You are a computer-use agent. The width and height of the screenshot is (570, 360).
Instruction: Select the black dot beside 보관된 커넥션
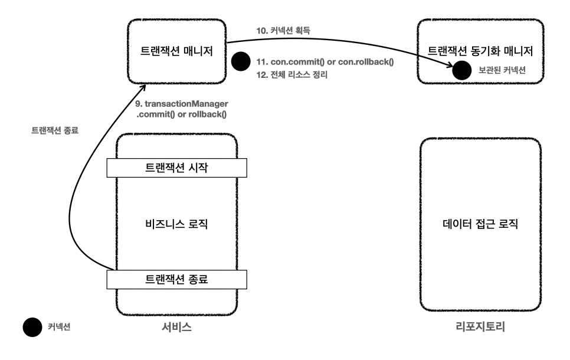tap(460, 71)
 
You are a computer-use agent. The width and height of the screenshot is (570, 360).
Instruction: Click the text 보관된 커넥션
tap(502, 70)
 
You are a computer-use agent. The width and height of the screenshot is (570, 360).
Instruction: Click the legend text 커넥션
tap(59, 328)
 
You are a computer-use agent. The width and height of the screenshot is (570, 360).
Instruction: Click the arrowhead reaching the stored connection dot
tap(451, 66)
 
